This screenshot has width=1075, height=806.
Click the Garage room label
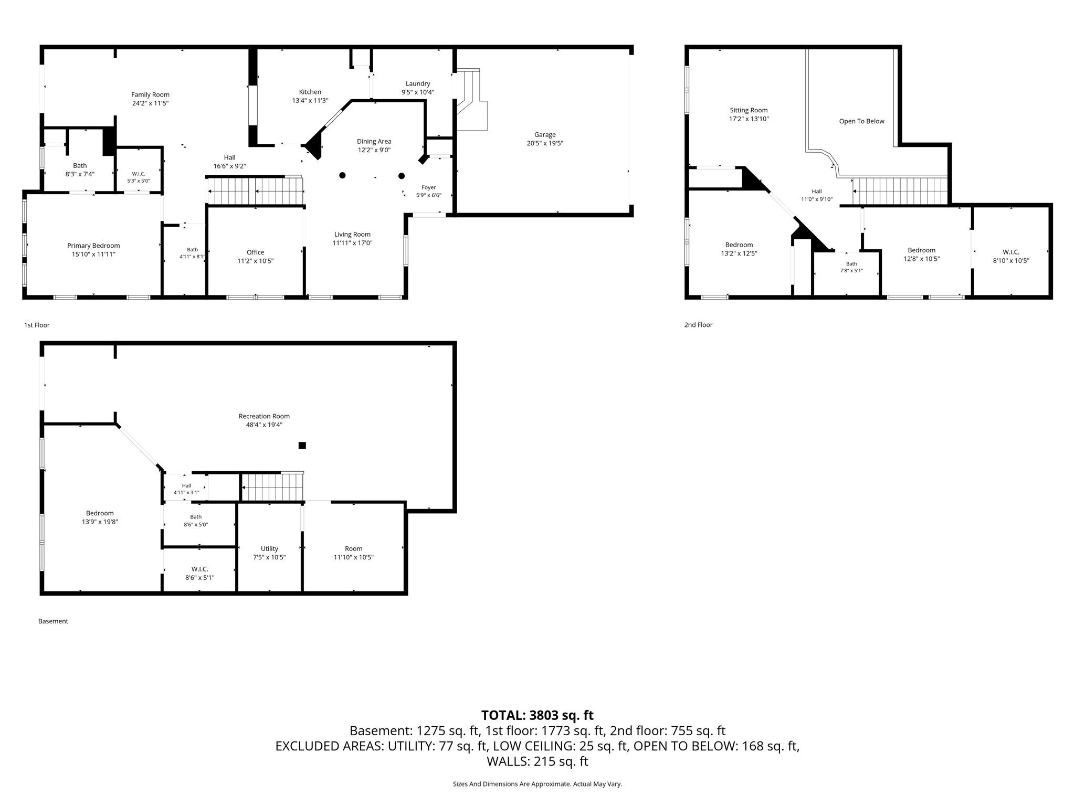[545, 135]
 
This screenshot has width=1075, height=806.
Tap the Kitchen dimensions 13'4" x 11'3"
[310, 101]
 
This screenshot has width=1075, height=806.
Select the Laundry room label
[418, 83]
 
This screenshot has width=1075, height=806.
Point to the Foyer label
[429, 187]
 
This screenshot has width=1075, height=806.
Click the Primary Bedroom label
[93, 246]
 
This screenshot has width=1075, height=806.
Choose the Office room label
[256, 252]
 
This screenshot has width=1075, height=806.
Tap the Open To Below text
[862, 121]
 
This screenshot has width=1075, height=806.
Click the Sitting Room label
[749, 110]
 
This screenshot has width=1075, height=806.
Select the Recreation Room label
[264, 417]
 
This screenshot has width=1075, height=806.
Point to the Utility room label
[269, 549]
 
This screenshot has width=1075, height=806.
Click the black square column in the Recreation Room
[302, 446]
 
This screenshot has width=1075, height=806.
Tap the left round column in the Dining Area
[342, 175]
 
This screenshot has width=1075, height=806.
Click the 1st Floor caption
[37, 325]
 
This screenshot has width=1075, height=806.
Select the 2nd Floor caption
[698, 325]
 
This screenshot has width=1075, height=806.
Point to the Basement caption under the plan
[53, 621]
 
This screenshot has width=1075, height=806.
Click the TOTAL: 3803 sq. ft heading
[537, 715]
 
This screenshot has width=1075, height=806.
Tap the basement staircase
[272, 486]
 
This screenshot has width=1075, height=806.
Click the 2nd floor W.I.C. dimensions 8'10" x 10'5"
[1010, 261]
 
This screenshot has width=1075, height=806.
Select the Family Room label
[150, 95]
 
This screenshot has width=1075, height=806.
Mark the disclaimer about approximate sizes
[537, 784]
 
